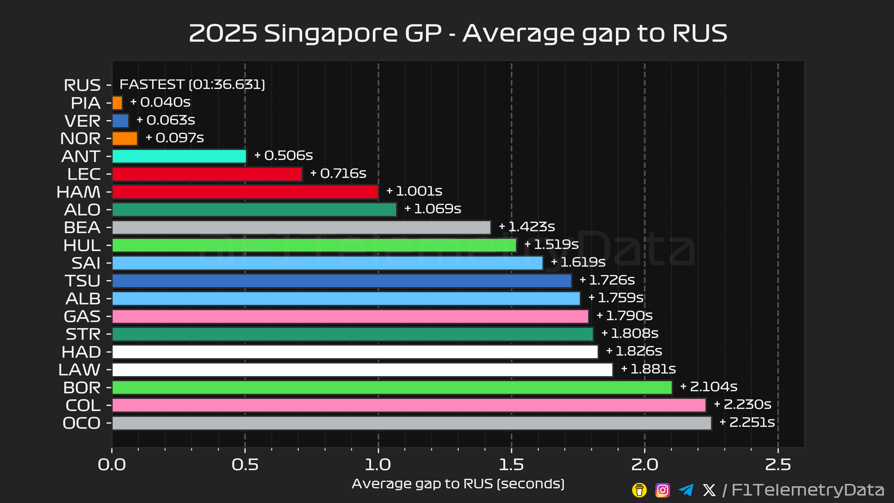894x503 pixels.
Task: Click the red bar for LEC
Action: [x=207, y=174]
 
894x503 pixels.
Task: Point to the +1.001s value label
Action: [x=414, y=191]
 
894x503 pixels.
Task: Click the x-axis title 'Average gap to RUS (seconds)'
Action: [x=458, y=484]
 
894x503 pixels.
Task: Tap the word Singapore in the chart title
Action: [x=331, y=34]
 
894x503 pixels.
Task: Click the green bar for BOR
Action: [x=392, y=388]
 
